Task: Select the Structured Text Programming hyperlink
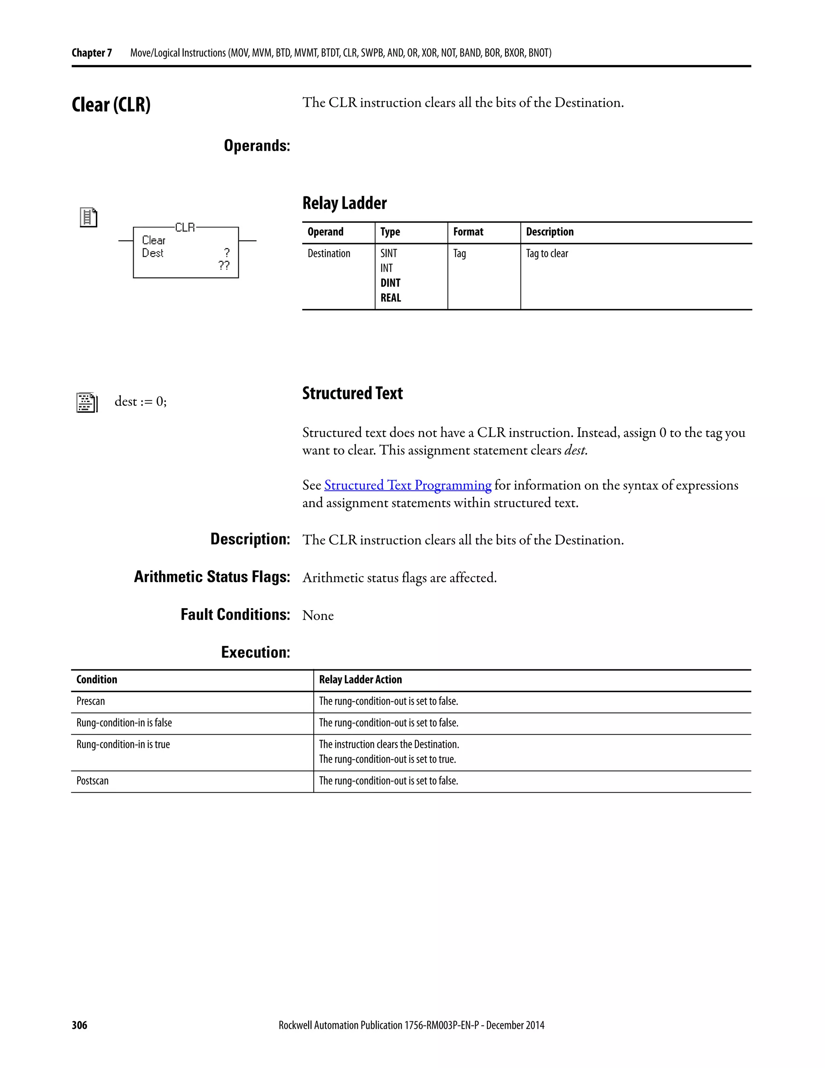point(408,485)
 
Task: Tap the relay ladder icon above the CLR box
point(89,218)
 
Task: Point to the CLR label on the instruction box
point(185,227)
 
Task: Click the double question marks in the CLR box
point(224,266)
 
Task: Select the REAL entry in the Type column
point(390,298)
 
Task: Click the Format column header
point(468,232)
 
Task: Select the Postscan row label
point(92,781)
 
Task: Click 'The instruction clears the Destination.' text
point(389,744)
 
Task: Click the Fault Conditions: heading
point(235,615)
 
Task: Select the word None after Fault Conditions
point(318,616)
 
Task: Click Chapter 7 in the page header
point(91,53)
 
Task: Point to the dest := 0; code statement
point(140,401)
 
